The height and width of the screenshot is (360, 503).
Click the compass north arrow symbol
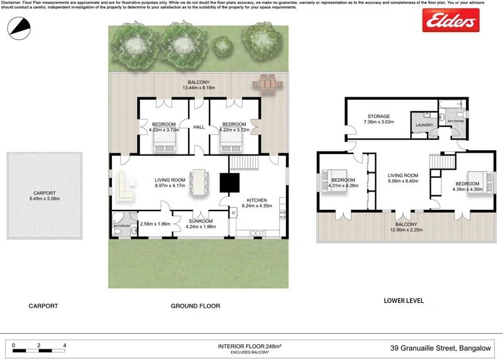(x=19, y=26)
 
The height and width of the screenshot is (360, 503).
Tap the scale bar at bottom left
(x=39, y=346)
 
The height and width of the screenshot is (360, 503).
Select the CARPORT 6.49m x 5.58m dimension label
(x=43, y=196)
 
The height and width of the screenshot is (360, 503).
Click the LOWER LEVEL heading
(x=403, y=301)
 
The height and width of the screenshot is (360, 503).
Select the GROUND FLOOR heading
(x=196, y=306)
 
